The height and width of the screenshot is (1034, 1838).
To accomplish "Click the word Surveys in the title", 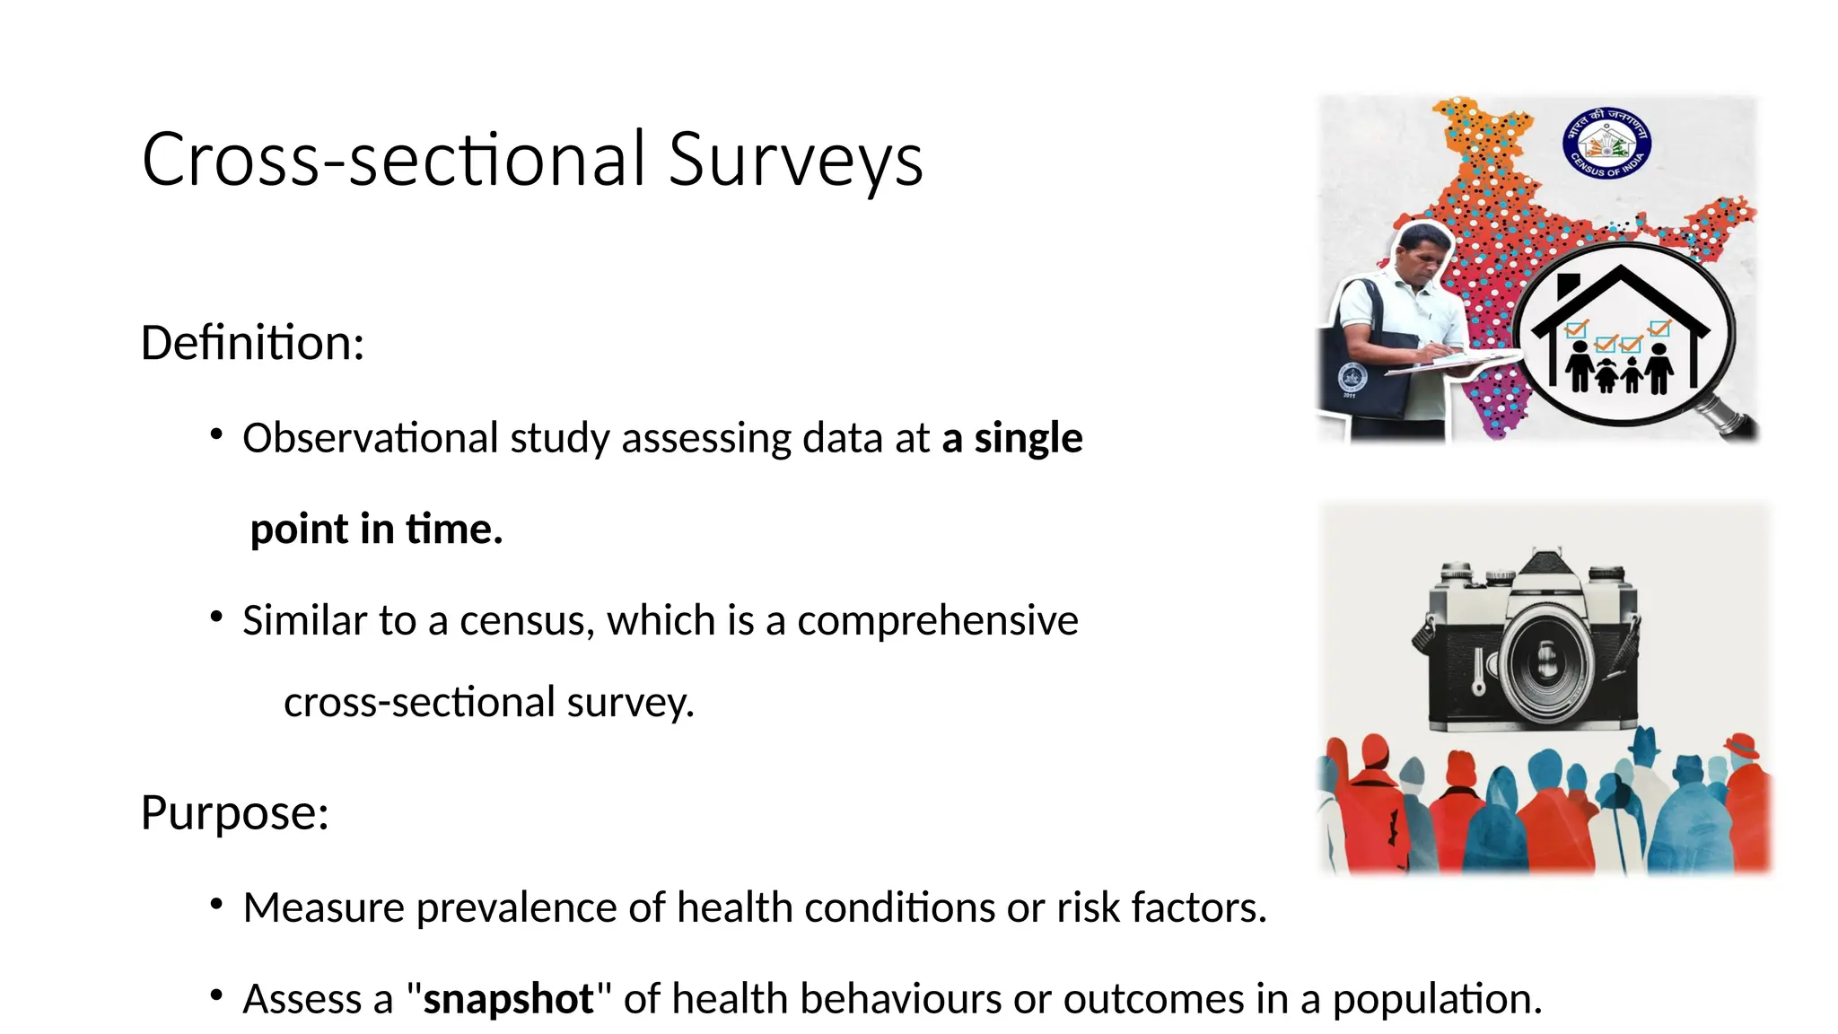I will click(x=795, y=160).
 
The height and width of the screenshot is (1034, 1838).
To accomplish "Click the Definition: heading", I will click(x=252, y=343).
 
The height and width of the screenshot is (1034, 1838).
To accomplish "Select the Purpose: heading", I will click(x=234, y=812).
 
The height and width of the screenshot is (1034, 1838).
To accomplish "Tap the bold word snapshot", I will click(x=508, y=999).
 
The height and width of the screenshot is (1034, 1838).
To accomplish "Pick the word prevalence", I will click(x=516, y=908).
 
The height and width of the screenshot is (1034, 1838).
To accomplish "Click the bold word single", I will click(x=1028, y=439).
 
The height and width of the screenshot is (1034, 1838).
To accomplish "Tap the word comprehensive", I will click(x=937, y=621).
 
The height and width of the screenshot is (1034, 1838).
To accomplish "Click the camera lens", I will click(x=1546, y=663).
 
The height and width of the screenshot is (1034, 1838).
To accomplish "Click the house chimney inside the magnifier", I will click(x=1567, y=286).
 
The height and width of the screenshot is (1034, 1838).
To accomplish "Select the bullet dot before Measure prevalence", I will click(x=216, y=904).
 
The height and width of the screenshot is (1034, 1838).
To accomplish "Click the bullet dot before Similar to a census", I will click(x=216, y=617).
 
